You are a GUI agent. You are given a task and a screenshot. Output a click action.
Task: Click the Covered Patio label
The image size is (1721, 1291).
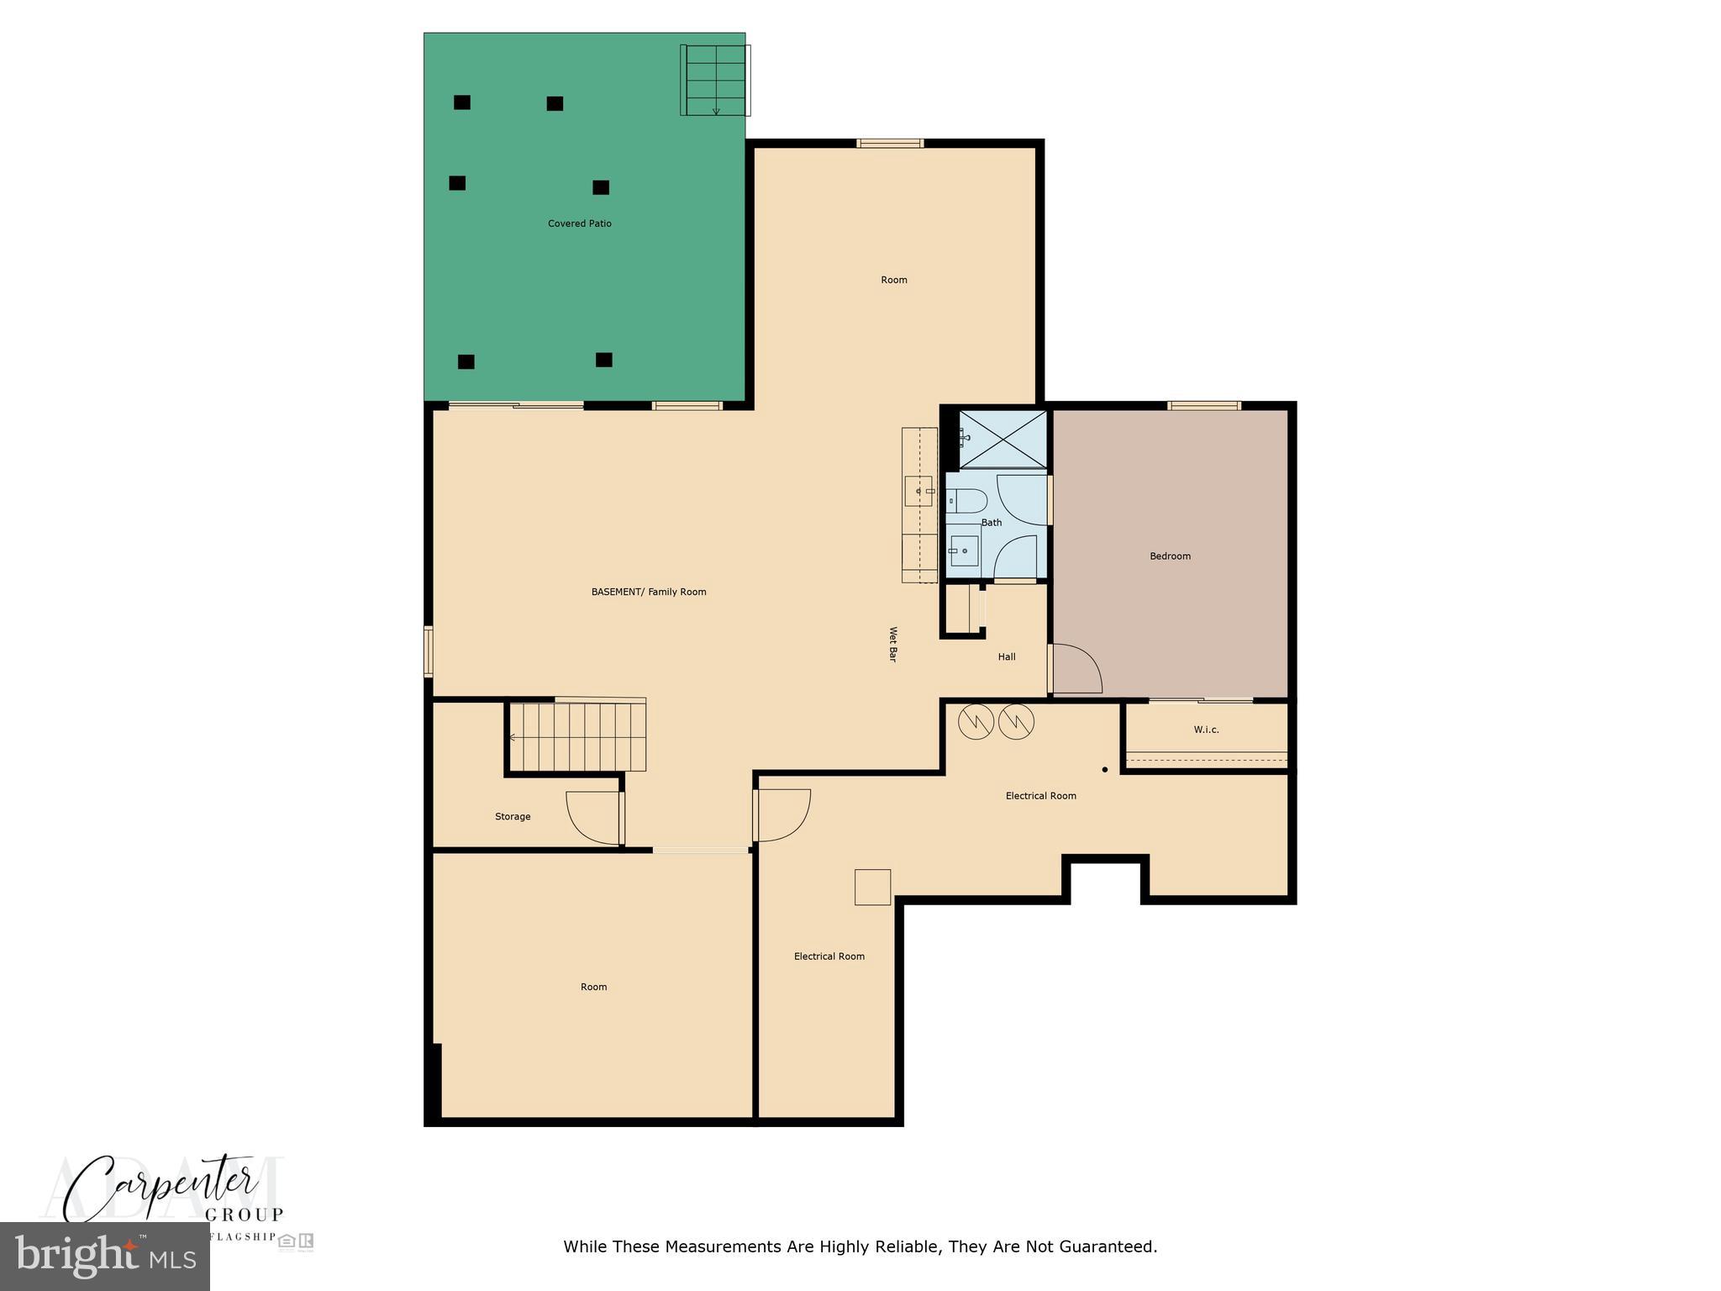(x=579, y=224)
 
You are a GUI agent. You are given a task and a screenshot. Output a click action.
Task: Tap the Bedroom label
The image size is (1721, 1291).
(x=1170, y=556)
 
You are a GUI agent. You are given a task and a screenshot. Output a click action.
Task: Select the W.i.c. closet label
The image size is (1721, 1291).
(x=1206, y=730)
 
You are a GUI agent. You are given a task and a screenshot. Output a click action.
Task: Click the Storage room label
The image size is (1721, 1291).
(x=513, y=817)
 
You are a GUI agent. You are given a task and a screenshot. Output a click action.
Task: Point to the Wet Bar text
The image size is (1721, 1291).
(x=893, y=645)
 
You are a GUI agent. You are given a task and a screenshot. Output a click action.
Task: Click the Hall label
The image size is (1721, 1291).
(x=1007, y=657)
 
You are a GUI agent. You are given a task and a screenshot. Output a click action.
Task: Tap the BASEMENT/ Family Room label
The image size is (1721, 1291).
(x=649, y=592)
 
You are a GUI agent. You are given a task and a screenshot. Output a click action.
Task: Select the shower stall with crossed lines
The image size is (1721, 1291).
(x=1003, y=439)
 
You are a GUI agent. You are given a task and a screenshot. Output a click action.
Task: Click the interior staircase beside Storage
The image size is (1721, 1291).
(x=576, y=737)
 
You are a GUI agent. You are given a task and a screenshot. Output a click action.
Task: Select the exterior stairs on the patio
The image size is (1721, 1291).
(x=714, y=81)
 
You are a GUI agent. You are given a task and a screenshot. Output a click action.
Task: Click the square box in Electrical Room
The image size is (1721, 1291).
(x=872, y=887)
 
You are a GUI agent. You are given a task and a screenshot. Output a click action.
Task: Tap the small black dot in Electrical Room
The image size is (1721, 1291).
(x=1105, y=770)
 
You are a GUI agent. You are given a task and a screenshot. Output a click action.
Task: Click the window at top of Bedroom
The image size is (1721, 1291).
(x=1204, y=406)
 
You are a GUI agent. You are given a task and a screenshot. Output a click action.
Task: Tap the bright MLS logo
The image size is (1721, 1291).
(x=104, y=1257)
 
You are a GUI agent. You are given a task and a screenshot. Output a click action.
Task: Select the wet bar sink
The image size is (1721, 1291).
(x=918, y=491)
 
